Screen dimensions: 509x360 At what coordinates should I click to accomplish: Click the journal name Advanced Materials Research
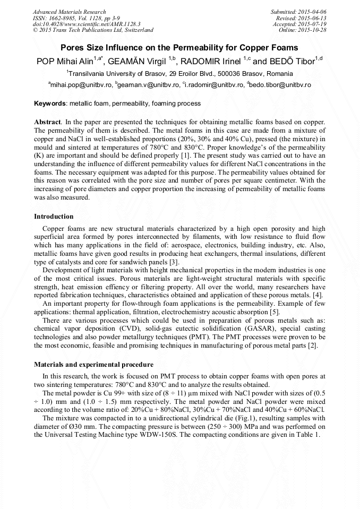pos(69,12)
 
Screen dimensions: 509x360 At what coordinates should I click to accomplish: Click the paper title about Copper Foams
pos(180,47)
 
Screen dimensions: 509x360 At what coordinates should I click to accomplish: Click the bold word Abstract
pos(47,122)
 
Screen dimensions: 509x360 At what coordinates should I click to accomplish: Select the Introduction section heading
pos(54,217)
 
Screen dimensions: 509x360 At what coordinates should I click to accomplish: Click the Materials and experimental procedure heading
pos(93,365)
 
